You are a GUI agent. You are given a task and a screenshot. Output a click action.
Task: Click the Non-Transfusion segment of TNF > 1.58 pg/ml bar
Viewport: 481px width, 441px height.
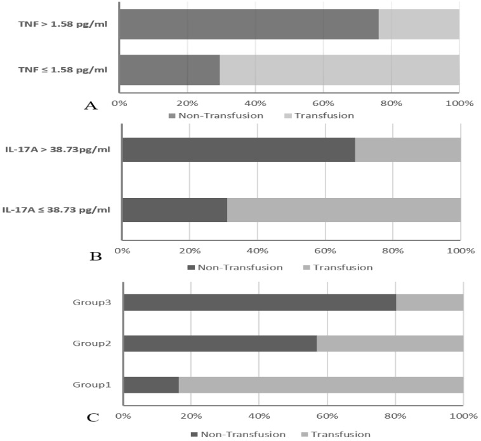click(248, 24)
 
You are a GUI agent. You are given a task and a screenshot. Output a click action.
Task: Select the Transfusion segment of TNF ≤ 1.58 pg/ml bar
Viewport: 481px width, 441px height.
click(339, 70)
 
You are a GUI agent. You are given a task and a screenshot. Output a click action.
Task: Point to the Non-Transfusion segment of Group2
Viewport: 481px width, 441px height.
click(220, 343)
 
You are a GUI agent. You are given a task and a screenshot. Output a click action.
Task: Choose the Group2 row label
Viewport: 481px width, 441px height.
click(95, 343)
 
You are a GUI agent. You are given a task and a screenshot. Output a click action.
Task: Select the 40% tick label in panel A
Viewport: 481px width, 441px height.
click(254, 103)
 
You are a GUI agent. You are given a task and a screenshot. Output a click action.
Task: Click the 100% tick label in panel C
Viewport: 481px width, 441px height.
click(463, 416)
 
